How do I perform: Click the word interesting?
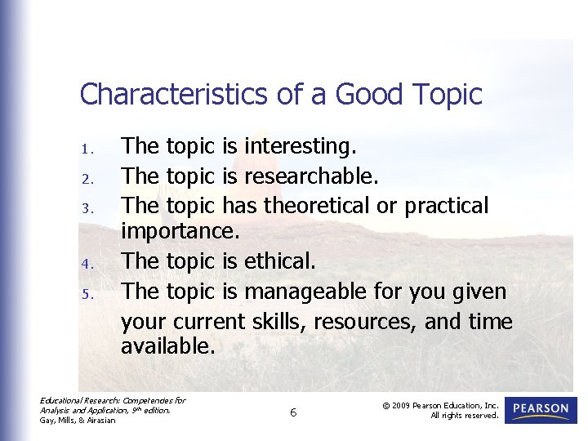click(300, 147)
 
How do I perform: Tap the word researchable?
click(311, 176)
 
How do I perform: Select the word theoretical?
click(319, 205)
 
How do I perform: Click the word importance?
click(180, 234)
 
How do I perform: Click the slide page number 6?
click(293, 413)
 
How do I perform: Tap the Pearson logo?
click(541, 409)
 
